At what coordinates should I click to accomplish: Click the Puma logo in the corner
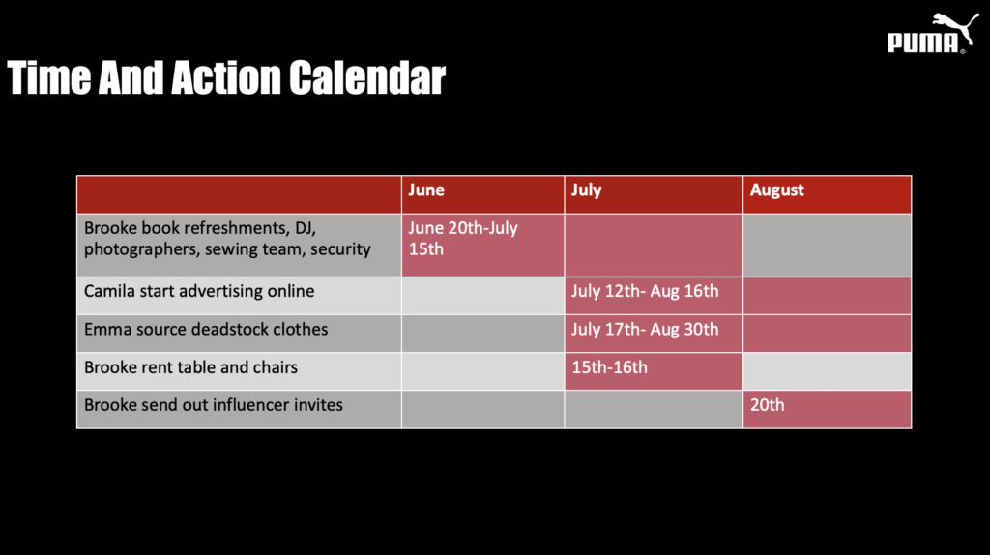pyautogui.click(x=933, y=34)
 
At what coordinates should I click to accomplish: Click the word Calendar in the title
pyautogui.click(x=367, y=77)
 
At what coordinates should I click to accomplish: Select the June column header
pyautogui.click(x=426, y=190)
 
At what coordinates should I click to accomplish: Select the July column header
pyautogui.click(x=587, y=190)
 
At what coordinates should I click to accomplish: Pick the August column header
pyautogui.click(x=776, y=190)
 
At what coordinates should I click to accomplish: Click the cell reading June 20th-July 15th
pyautogui.click(x=463, y=239)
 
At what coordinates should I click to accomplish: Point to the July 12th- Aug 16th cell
pyautogui.click(x=645, y=291)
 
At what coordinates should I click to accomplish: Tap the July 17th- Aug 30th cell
pyautogui.click(x=645, y=329)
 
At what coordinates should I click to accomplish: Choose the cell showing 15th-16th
pyautogui.click(x=609, y=367)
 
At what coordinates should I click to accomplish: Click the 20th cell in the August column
pyautogui.click(x=767, y=405)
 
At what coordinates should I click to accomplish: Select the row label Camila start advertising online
pyautogui.click(x=199, y=291)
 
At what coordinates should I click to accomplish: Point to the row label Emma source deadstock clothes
pyautogui.click(x=206, y=329)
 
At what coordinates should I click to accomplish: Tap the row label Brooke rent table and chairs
pyautogui.click(x=190, y=367)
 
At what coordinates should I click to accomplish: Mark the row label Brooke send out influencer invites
pyautogui.click(x=214, y=405)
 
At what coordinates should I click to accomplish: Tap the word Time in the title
pyautogui.click(x=48, y=77)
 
